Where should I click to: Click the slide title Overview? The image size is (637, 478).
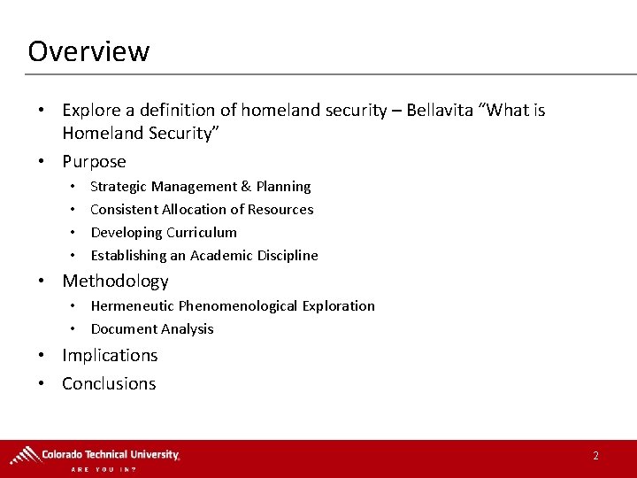coord(88,50)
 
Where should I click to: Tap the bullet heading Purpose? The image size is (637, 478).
coord(94,162)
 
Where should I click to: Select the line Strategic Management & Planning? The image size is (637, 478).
coord(200,187)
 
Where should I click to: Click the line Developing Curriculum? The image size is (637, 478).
coord(164,233)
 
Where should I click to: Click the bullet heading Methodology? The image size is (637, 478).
coord(115,281)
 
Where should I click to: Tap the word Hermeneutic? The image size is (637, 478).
coord(133,306)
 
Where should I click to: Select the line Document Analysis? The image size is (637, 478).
coord(152,329)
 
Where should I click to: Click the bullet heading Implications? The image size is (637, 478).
coord(110,356)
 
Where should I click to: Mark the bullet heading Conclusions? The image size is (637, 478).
coord(109,384)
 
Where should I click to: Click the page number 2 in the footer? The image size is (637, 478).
coord(595,456)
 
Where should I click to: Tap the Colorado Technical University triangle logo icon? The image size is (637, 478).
coord(24,455)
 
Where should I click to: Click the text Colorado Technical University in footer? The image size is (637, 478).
coord(110,454)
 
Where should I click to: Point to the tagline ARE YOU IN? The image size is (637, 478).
coord(104,469)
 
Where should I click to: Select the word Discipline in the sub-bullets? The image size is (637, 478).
coord(288,256)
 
